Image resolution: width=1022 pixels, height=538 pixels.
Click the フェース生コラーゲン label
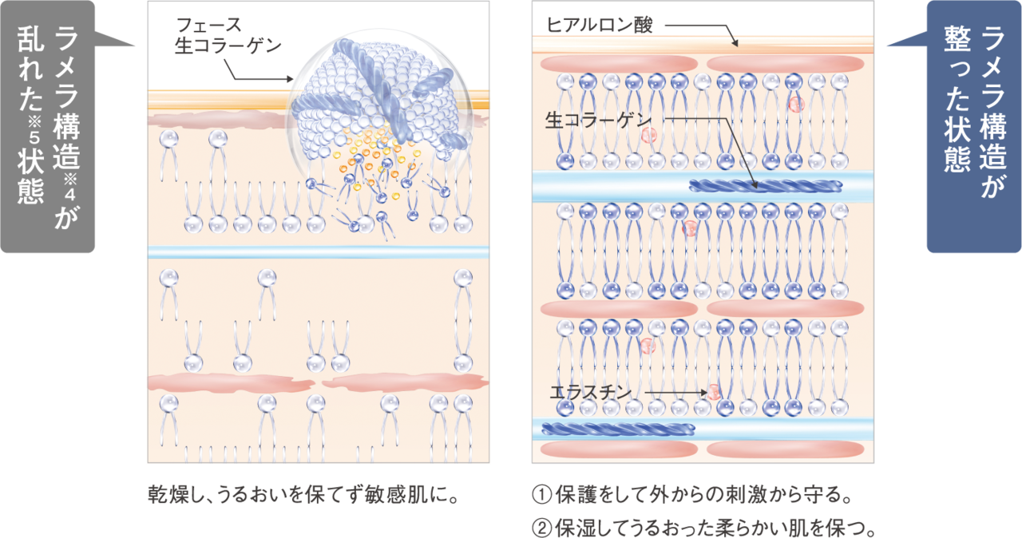pyautogui.click(x=228, y=35)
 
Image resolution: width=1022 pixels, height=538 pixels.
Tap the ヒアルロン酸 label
pyautogui.click(x=600, y=26)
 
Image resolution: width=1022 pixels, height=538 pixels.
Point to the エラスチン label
pyautogui.click(x=591, y=392)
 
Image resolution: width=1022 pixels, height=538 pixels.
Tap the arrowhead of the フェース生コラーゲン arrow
pyautogui.click(x=291, y=80)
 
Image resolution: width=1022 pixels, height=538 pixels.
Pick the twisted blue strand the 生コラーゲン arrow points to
pyautogui.click(x=765, y=187)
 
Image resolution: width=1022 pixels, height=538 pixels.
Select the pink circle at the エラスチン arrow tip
pyautogui.click(x=714, y=392)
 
